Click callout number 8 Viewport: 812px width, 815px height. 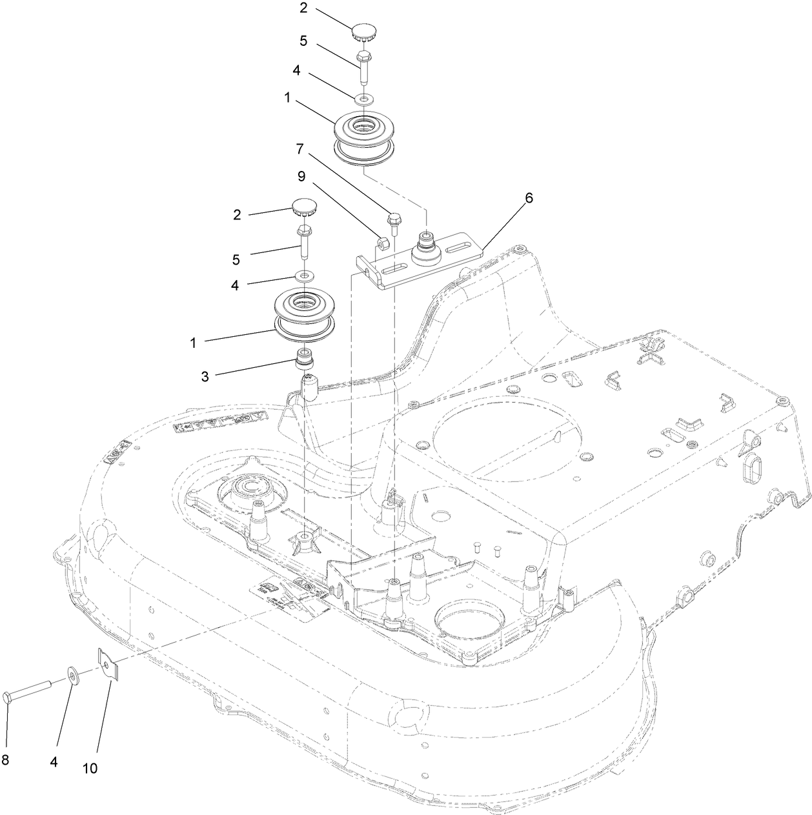point(5,760)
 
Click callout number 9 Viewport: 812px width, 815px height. point(301,176)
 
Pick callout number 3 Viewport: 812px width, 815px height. point(205,376)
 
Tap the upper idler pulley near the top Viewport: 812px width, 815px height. point(364,138)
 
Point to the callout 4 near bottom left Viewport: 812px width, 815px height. point(54,761)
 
